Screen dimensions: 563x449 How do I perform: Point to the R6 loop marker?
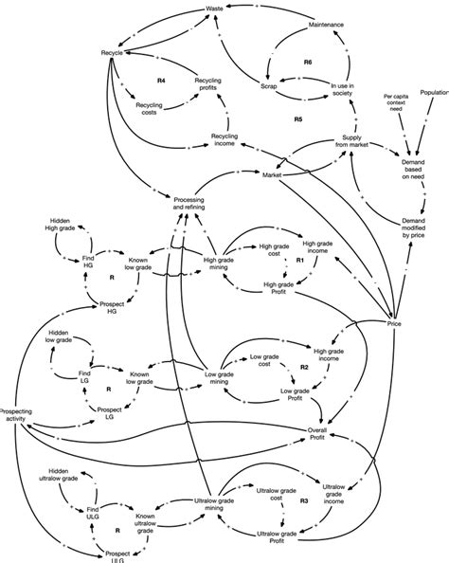308,62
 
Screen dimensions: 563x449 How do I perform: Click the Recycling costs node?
150,108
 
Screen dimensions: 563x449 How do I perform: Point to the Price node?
396,323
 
